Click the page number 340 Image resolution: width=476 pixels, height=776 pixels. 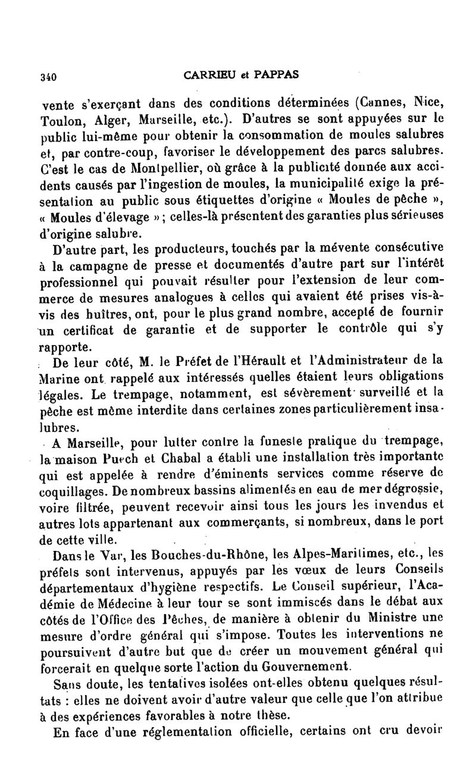tap(47, 76)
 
